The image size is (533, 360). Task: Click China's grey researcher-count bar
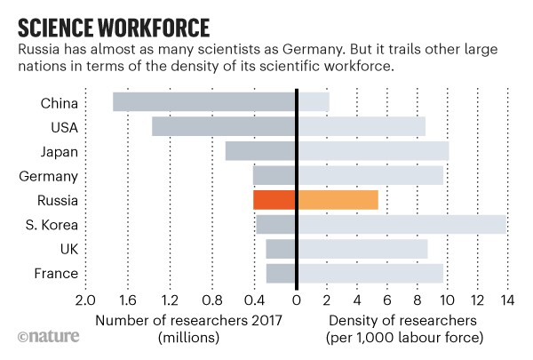click(204, 102)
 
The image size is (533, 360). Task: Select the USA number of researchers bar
click(224, 126)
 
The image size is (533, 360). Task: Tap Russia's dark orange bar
click(274, 200)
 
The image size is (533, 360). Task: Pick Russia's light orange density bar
click(338, 200)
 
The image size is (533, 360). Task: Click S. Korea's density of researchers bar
click(402, 224)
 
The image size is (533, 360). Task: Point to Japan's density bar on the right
click(373, 151)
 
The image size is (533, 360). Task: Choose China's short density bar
click(314, 102)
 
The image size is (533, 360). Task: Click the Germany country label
click(53, 176)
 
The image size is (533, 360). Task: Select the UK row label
click(68, 250)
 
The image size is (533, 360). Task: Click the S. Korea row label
click(55, 225)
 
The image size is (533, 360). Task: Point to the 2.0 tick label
click(85, 300)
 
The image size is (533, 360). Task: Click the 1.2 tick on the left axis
click(170, 300)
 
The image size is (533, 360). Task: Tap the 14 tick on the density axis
click(507, 300)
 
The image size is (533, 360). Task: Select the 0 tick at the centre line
click(297, 300)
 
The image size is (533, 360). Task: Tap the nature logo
click(48, 337)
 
